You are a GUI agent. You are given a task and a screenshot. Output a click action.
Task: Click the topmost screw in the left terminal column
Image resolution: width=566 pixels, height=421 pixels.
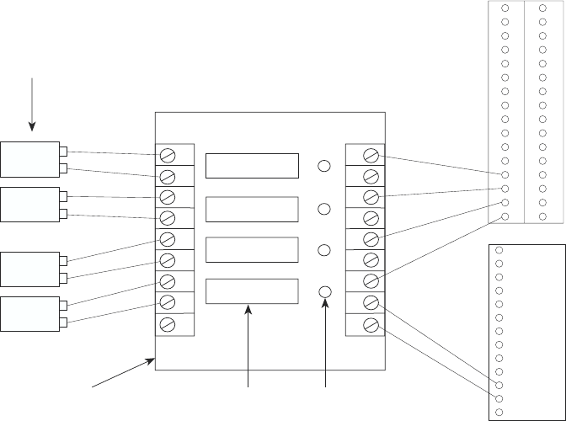(x=168, y=155)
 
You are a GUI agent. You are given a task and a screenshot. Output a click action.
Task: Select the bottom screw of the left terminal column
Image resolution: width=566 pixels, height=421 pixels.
(x=168, y=323)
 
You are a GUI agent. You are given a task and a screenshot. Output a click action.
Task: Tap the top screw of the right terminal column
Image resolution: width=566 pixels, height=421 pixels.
(x=371, y=155)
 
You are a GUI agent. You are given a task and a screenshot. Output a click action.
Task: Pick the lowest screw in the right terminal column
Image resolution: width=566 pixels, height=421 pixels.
(x=371, y=323)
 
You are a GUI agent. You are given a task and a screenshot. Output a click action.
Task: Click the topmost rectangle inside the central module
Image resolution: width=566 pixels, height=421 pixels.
(x=252, y=166)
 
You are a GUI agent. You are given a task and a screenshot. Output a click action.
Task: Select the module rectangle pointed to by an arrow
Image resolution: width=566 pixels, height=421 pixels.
(x=252, y=290)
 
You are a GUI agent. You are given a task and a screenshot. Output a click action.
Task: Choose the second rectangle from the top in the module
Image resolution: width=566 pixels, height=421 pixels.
(x=252, y=208)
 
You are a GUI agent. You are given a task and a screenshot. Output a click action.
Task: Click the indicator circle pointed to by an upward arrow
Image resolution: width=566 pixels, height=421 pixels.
(x=326, y=291)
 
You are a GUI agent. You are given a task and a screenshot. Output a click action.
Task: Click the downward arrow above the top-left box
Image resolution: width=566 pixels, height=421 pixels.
(x=33, y=104)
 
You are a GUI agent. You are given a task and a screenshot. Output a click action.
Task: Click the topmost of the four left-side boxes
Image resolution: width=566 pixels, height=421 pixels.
(x=29, y=159)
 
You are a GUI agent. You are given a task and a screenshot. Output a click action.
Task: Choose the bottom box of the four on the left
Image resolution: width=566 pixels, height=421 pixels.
(x=29, y=313)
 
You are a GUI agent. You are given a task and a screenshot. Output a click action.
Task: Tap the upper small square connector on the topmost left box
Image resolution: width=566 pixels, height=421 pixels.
(x=63, y=152)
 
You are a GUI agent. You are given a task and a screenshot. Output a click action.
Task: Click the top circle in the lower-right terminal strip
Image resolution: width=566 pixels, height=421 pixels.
(x=499, y=250)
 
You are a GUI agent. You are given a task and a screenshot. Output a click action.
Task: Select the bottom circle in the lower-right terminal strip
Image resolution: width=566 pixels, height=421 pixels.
(x=499, y=412)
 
